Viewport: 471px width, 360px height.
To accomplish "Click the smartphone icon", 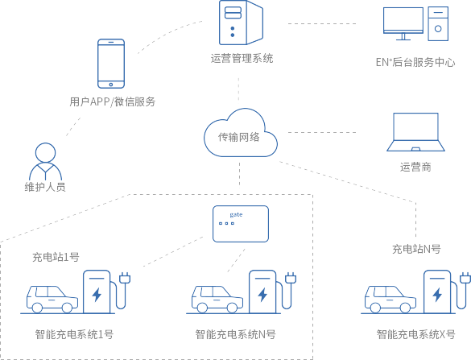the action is pos(111,64).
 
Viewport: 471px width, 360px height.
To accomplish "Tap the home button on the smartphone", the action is pos(111,85).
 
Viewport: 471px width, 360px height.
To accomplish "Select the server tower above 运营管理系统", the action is pos(241,23).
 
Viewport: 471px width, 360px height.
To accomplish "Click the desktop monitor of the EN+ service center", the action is pos(403,23).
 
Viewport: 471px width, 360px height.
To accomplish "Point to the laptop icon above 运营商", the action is pos(415,132).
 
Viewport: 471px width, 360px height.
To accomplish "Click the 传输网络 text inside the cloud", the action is pos(239,137).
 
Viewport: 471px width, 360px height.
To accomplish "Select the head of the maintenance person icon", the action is pos(45,153).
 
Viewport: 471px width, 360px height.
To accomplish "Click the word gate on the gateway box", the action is pos(236,214).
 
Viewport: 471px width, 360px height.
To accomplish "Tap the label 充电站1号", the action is pos(56,257).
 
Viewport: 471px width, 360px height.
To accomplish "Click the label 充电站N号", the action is pos(416,249).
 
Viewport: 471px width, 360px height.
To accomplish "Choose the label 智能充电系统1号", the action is pos(74,334).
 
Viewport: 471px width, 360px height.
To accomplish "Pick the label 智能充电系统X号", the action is pos(416,334).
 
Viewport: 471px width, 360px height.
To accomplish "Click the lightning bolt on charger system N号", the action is pos(262,295).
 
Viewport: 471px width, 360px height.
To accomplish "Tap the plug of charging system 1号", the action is pos(125,278).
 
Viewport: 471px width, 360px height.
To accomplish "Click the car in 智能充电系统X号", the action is pos(390,300).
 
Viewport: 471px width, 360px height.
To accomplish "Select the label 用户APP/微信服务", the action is pos(113,101).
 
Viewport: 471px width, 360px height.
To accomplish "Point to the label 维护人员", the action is pos(45,187).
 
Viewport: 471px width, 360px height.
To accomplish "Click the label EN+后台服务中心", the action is pos(415,62).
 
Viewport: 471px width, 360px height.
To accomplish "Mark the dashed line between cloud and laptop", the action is pos(322,132).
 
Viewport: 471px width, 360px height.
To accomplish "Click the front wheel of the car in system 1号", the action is pos(66,308).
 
